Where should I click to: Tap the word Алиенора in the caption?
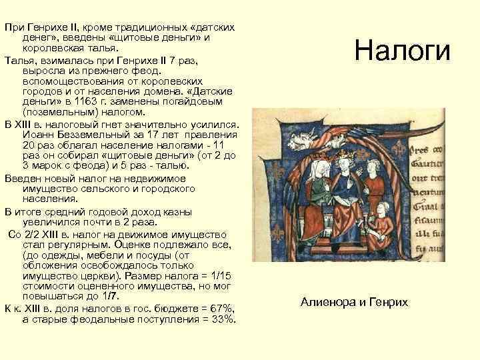tap(327, 302)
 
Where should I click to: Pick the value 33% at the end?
tap(223, 319)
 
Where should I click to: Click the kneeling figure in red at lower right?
tap(381, 220)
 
